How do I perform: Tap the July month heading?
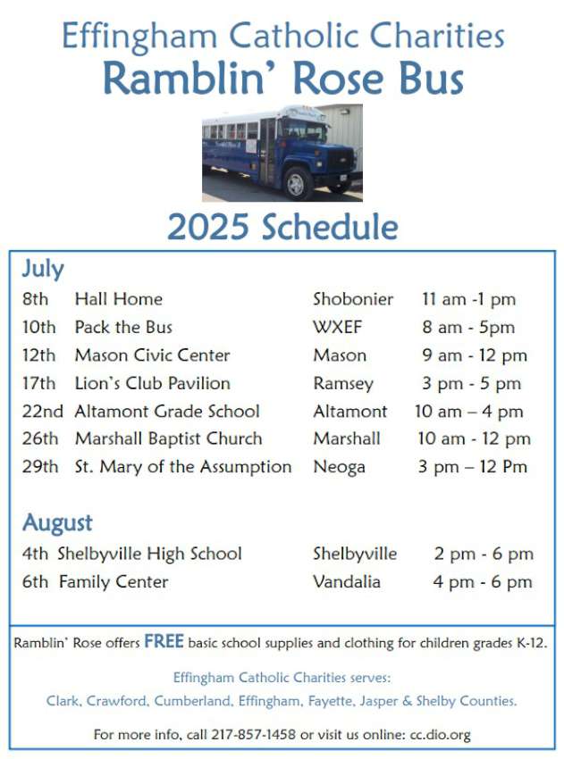click(43, 269)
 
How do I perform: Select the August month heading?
click(57, 523)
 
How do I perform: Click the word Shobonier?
click(353, 299)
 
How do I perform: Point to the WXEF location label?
click(338, 327)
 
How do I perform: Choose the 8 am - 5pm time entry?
click(468, 328)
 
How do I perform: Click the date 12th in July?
click(38, 355)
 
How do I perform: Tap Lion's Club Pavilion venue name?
click(153, 383)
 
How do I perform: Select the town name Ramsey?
click(343, 384)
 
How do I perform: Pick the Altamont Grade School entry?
click(167, 412)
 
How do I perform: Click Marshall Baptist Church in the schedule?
click(169, 438)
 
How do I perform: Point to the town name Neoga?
click(339, 468)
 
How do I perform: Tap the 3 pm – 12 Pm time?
click(473, 467)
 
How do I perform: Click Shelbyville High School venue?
click(150, 555)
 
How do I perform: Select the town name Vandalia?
click(347, 582)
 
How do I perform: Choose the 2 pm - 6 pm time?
click(484, 555)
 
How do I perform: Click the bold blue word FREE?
click(164, 641)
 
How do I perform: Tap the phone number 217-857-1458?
click(253, 734)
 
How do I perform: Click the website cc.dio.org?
click(440, 735)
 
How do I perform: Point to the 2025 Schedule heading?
click(282, 227)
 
